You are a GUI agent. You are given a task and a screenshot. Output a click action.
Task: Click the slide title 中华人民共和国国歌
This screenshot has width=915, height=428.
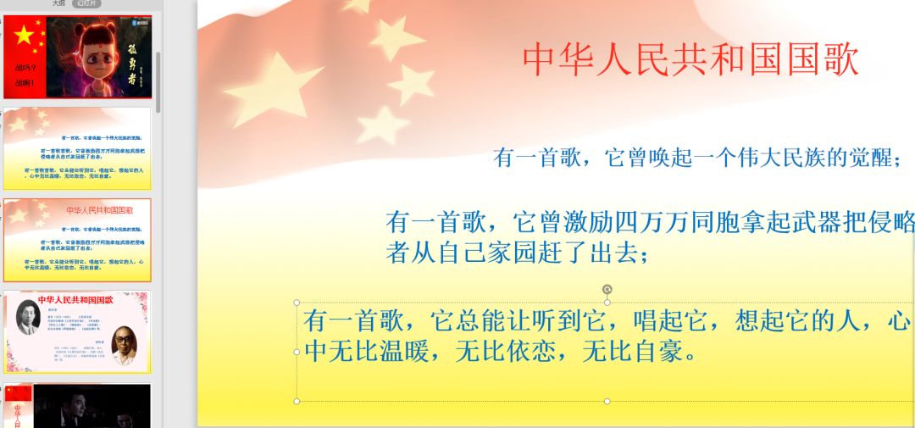click(690, 59)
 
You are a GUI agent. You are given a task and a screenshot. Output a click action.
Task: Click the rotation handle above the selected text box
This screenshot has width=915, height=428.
click(607, 290)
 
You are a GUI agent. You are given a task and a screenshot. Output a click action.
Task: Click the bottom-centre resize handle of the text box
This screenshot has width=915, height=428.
click(607, 401)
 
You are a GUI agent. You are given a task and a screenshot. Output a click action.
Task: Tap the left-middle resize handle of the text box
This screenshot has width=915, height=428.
click(297, 352)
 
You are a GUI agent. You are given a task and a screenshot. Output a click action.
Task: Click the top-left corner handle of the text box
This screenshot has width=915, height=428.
click(297, 303)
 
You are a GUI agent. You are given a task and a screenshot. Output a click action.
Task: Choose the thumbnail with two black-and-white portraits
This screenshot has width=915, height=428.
click(77, 331)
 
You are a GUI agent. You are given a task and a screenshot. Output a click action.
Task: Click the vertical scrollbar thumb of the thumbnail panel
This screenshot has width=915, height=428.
click(158, 81)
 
